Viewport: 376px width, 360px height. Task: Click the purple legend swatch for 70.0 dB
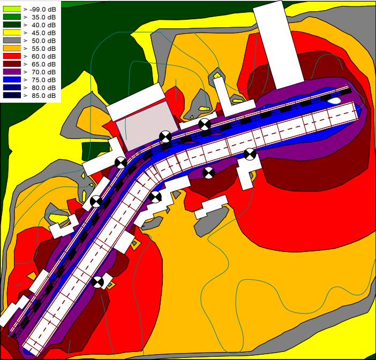tap(12, 72)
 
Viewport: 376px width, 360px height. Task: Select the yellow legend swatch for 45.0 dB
tap(12, 33)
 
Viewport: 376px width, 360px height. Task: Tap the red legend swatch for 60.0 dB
tap(12, 56)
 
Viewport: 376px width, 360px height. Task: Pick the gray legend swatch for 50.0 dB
tap(12, 41)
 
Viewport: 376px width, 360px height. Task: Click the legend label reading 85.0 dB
tap(43, 96)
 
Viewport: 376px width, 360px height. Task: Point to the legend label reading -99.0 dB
tap(43, 9)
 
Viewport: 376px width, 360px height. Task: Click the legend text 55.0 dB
tap(43, 49)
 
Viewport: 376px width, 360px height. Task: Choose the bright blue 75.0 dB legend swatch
tap(12, 80)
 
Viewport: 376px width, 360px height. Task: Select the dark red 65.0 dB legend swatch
tap(12, 64)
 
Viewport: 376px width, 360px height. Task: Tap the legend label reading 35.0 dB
tap(43, 17)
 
